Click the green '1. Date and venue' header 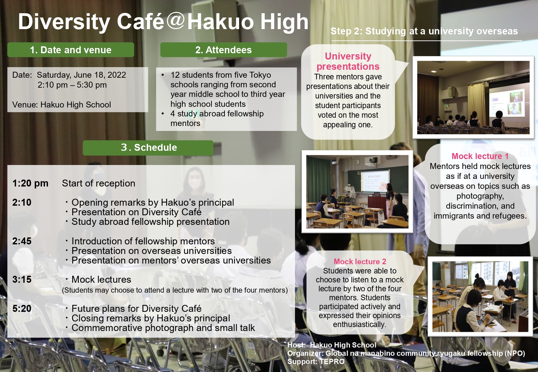point(71,50)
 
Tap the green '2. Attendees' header point(223,50)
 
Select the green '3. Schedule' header point(148,147)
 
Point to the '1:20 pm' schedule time point(30,184)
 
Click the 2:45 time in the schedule point(22,241)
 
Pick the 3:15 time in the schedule point(22,279)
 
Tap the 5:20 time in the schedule point(22,309)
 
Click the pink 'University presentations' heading point(348,61)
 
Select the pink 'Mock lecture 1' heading point(480,156)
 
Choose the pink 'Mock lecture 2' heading point(360,262)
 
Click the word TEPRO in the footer point(333,361)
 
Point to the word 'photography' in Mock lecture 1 point(480,196)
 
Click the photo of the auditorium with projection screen point(473,97)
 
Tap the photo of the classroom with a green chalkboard point(357,192)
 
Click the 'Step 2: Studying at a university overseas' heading point(424,31)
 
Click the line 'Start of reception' point(98,184)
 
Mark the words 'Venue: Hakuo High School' point(62,105)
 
